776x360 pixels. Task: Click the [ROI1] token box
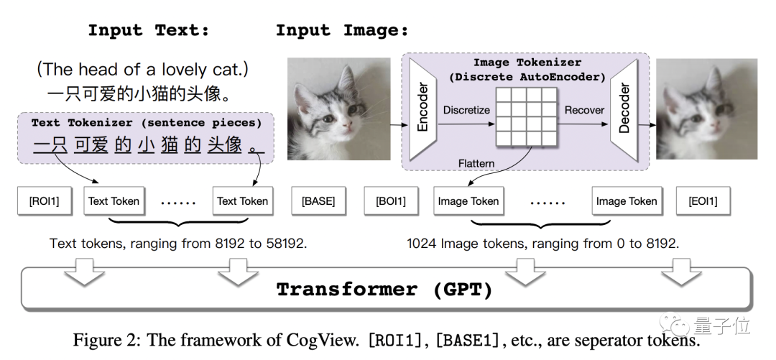(45, 201)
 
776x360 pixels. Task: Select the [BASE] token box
(318, 201)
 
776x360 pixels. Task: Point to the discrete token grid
(527, 117)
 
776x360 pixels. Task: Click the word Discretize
(466, 110)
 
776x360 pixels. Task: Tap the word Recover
(584, 110)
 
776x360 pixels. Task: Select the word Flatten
(476, 163)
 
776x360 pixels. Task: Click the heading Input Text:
(149, 30)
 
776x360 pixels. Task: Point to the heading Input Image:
(342, 30)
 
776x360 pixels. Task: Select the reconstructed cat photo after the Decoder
(707, 109)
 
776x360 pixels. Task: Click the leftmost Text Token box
(114, 201)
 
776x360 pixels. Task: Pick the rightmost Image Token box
(627, 201)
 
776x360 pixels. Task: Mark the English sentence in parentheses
(142, 70)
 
